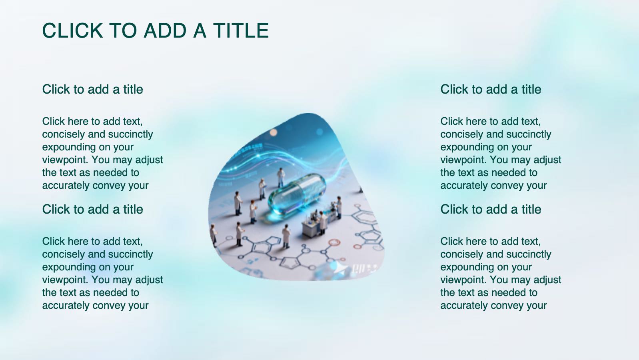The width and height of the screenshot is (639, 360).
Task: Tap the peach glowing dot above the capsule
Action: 274,132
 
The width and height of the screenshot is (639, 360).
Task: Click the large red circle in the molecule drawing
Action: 334,242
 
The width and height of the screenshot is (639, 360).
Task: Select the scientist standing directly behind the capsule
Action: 281,177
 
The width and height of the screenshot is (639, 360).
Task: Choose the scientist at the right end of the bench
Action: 338,206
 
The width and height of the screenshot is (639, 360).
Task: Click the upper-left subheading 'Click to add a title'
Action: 92,89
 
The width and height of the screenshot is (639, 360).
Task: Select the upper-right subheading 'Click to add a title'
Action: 491,89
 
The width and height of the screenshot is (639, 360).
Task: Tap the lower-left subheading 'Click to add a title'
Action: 92,209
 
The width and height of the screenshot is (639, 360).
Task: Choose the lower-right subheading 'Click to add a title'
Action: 491,209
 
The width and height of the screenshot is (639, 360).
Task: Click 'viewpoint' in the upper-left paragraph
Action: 65,160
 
